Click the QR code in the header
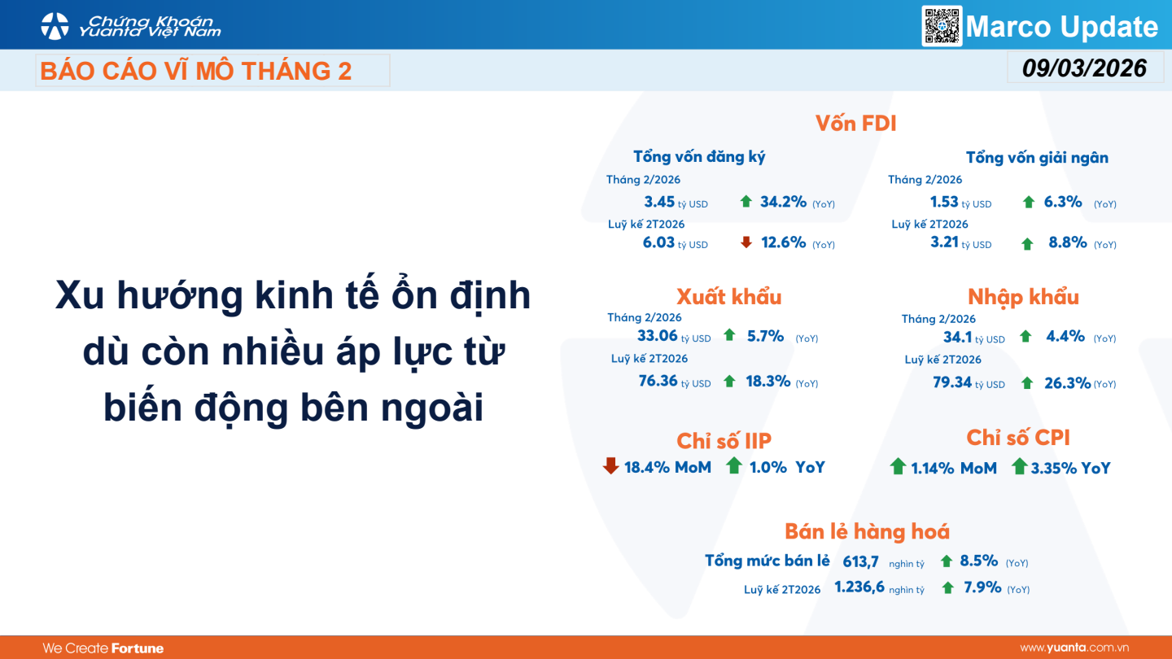click(942, 26)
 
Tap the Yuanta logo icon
click(55, 26)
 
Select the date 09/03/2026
click(1085, 68)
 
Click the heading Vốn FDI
click(856, 124)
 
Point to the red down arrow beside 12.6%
click(746, 242)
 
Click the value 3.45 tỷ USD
click(676, 202)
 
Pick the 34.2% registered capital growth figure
click(783, 202)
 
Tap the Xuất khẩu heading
click(729, 296)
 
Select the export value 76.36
click(658, 381)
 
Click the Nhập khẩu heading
click(1023, 297)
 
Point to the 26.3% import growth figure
click(1067, 383)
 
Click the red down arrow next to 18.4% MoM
click(610, 465)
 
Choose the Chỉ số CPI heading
click(1018, 438)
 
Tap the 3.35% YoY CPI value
click(1070, 468)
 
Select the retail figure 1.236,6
click(859, 587)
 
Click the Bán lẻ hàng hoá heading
click(867, 531)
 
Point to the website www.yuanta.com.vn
click(1074, 648)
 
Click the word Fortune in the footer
click(138, 648)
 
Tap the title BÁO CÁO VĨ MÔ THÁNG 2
click(195, 71)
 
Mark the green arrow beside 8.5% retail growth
click(946, 561)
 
